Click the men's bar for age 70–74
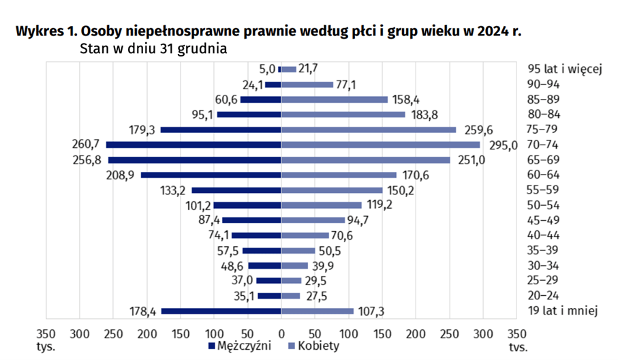click(x=194, y=145)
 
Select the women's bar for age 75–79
click(x=369, y=130)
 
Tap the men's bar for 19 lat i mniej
click(x=221, y=312)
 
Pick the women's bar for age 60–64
click(x=339, y=175)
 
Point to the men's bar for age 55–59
click(x=236, y=190)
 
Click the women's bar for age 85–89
click(x=334, y=100)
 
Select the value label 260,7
click(x=85, y=145)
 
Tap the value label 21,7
click(x=308, y=69)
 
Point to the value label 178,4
click(x=142, y=312)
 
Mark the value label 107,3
click(x=372, y=312)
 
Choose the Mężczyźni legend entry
click(x=240, y=346)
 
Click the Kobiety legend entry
click(x=313, y=346)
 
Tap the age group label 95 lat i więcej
click(x=563, y=69)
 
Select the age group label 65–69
click(x=544, y=160)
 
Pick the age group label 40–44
click(x=544, y=236)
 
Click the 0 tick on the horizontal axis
click(x=281, y=333)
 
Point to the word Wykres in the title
click(x=42, y=32)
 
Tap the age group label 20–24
click(x=544, y=296)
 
